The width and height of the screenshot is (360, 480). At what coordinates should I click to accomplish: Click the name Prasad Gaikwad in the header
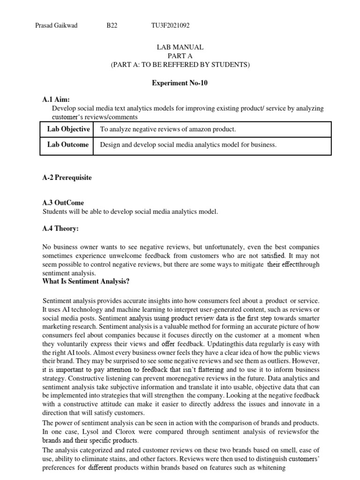click(x=56, y=26)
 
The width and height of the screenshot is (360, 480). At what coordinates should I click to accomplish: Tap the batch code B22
click(x=112, y=26)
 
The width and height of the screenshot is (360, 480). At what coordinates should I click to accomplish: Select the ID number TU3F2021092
click(x=170, y=26)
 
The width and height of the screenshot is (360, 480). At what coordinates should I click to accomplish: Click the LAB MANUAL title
click(x=180, y=47)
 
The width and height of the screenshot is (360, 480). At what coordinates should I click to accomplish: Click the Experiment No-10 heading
click(x=180, y=83)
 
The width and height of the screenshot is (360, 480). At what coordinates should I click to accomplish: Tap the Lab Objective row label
click(x=68, y=129)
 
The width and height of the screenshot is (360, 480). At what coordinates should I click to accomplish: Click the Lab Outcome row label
click(x=68, y=145)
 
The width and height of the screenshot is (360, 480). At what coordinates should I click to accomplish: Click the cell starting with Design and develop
click(x=188, y=145)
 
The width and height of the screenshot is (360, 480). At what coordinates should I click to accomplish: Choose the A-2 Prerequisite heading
click(x=67, y=178)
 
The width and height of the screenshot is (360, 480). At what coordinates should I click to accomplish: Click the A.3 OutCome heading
click(x=63, y=202)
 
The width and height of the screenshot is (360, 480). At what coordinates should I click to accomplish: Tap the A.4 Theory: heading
click(x=61, y=228)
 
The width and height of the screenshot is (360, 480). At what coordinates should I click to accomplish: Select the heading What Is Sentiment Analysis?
click(x=86, y=281)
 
